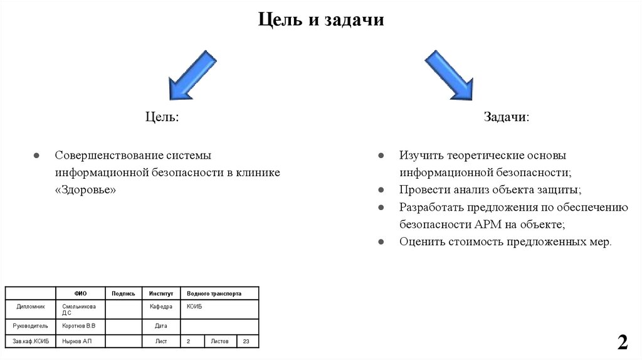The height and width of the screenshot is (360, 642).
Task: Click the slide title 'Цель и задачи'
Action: pos(320,20)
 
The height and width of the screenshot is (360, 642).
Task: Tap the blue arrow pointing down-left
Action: pos(191,75)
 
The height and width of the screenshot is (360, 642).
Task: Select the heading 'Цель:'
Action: pos(162,117)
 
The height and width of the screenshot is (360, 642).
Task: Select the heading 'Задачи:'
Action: pos(506,117)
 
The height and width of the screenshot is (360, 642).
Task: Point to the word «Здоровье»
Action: pos(85,189)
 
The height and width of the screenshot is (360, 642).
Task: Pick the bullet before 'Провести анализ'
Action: pos(381,189)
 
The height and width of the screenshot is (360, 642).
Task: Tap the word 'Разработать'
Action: pos(431,207)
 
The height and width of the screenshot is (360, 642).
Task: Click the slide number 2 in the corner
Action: pos(622,342)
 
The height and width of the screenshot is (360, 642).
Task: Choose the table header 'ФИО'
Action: pos(80,294)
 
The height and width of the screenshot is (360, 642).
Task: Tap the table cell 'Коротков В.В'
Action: pos(78,326)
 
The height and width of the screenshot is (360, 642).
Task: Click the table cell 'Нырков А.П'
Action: pos(76,341)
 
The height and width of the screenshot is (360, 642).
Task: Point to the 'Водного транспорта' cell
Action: pos(214,294)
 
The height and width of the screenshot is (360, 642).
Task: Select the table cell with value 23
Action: pos(246,341)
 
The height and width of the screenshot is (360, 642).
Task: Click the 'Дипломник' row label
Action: pos(31,307)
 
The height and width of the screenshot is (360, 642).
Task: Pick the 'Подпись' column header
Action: pos(124,294)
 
